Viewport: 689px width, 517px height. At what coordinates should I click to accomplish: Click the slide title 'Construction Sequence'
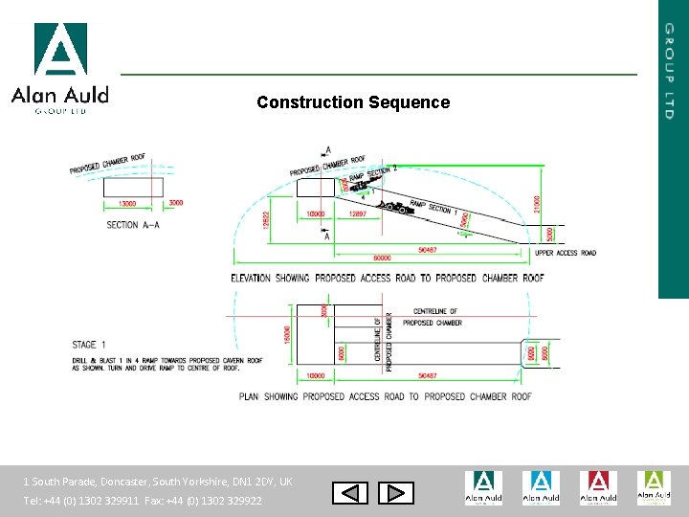(353, 102)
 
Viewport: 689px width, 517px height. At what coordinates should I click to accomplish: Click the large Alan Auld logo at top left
(59, 67)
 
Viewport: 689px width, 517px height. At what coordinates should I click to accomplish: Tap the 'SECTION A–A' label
(134, 225)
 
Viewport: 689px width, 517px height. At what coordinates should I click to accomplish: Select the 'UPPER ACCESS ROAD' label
(565, 253)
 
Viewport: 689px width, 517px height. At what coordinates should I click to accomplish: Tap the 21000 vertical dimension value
(538, 203)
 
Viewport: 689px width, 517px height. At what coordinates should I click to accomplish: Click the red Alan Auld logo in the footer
(597, 487)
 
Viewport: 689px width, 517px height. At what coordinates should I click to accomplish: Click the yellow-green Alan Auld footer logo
(655, 487)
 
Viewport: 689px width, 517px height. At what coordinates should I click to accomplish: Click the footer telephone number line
(143, 501)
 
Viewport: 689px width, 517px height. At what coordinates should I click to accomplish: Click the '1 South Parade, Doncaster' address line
(158, 482)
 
